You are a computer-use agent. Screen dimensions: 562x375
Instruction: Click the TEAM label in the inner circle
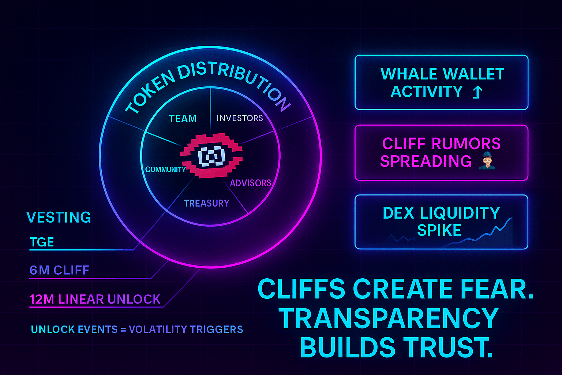pos(183,119)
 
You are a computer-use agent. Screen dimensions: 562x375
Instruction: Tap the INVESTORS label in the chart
pos(240,118)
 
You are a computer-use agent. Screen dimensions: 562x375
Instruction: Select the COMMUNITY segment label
pos(165,169)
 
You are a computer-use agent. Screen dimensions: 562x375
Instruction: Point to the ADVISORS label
pos(250,183)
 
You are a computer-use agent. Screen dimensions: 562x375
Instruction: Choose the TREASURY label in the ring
pos(206,203)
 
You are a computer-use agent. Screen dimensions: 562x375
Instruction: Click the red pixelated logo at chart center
pos(211,156)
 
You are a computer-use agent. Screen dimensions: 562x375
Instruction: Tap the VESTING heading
pos(59,218)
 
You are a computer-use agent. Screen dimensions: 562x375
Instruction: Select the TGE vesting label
pos(42,242)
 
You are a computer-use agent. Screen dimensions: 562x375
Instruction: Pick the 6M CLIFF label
pos(59,270)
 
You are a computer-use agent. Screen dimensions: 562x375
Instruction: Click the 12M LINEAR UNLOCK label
pos(95,299)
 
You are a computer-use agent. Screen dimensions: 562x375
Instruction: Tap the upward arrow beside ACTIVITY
pos(477,92)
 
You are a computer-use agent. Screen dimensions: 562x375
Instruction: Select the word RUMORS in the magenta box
pos(466,144)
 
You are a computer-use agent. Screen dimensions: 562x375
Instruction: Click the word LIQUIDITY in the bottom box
pos(460,213)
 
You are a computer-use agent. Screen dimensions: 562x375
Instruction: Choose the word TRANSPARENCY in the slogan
pos(389,318)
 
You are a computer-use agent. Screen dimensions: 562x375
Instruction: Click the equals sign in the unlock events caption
pos(123,330)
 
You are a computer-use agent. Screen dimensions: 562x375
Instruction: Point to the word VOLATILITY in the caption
pos(157,330)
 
